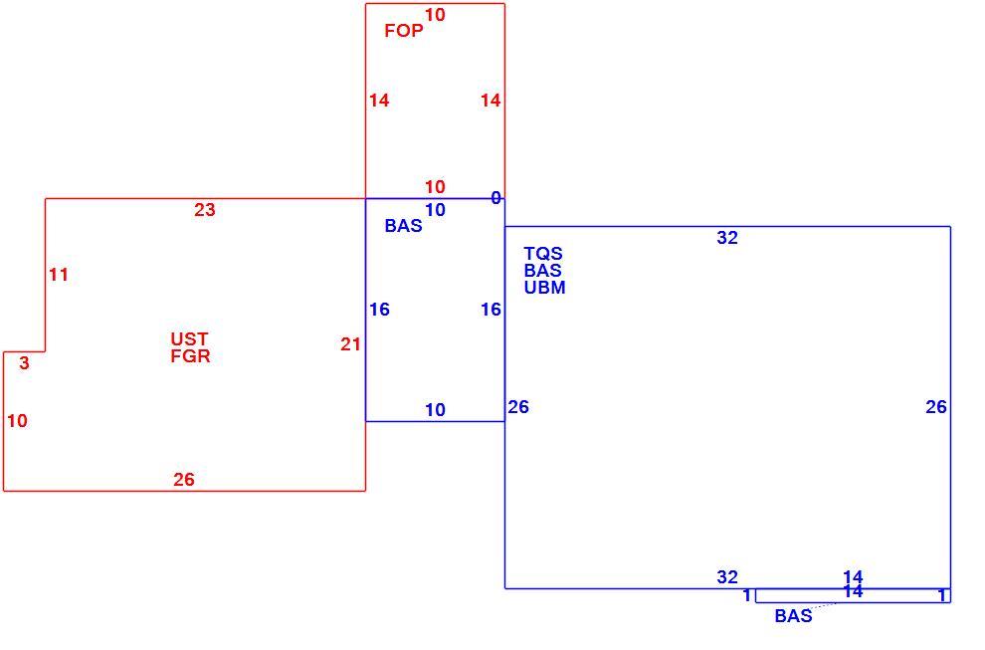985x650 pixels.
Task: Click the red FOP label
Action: click(404, 31)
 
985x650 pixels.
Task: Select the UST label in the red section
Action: click(189, 338)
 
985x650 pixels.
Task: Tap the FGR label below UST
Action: click(190, 356)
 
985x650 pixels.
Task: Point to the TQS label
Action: click(543, 254)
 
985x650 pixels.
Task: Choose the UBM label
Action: click(544, 288)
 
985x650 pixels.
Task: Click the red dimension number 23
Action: click(205, 210)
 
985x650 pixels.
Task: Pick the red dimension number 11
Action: click(59, 275)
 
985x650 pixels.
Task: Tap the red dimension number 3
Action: click(24, 363)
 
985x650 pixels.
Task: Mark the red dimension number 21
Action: click(350, 344)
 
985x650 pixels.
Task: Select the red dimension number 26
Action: click(184, 480)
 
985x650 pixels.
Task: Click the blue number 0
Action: click(495, 199)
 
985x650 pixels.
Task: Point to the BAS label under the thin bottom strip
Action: click(793, 616)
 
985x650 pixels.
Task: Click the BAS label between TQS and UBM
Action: click(543, 271)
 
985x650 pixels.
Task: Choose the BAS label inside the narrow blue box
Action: click(403, 226)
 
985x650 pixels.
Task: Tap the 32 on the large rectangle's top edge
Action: click(727, 238)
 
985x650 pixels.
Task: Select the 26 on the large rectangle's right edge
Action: click(936, 407)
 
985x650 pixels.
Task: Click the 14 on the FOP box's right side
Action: click(491, 101)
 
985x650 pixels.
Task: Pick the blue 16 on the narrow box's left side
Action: click(379, 310)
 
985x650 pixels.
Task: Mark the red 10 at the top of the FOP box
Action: click(435, 15)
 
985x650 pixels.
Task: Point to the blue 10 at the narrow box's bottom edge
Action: click(435, 410)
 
